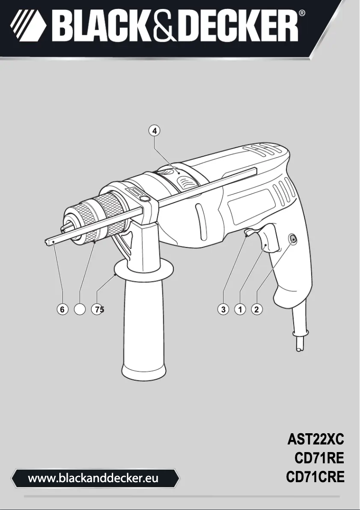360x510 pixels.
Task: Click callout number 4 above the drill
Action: coord(154,131)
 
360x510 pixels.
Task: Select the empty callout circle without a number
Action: coord(79,309)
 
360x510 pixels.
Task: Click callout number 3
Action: coord(223,309)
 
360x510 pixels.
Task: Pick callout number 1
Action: coord(240,309)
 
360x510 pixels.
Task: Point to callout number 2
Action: coord(257,309)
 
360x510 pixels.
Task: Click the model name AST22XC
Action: coord(316,438)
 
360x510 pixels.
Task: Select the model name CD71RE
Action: coord(319,457)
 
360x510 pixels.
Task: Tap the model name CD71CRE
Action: coord(315,477)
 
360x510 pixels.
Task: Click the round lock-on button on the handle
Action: coord(292,239)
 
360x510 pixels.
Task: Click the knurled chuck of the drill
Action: coord(110,211)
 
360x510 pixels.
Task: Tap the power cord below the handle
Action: coord(298,338)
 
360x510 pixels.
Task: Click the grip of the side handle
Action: coord(144,332)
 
